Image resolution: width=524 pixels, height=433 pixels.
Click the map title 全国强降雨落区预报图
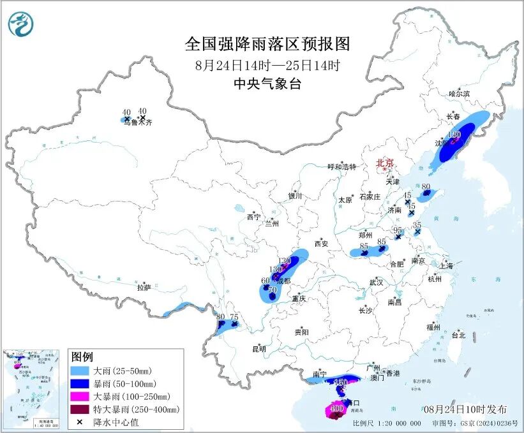[267, 44]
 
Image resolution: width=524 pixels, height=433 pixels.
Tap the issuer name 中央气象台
[267, 84]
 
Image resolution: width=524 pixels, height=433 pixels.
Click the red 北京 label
[385, 163]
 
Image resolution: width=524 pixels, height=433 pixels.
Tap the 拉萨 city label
[143, 288]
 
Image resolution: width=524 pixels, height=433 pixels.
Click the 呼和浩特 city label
[341, 166]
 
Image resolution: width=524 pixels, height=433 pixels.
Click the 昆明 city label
[258, 348]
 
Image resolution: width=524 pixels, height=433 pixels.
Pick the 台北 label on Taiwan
[458, 335]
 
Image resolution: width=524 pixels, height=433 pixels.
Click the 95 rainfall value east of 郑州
[398, 230]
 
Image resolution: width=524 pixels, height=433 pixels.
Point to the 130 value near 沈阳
[454, 135]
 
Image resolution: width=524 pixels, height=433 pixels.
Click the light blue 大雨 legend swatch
[80, 371]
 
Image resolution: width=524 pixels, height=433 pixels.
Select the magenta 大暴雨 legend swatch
[80, 396]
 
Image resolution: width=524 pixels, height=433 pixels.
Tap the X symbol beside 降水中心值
[80, 422]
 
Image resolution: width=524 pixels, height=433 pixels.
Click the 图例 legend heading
[82, 356]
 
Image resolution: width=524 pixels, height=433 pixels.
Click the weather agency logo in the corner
[20, 24]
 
